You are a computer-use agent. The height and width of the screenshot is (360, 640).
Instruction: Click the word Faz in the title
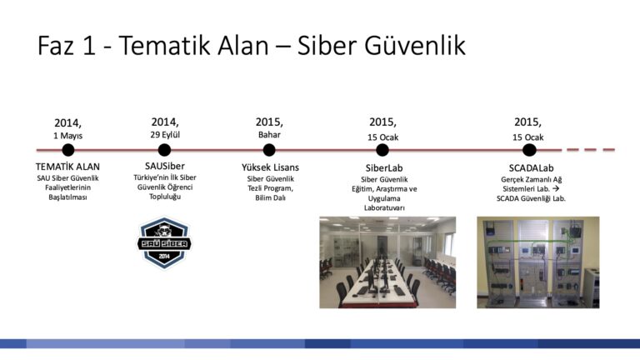tap(56, 45)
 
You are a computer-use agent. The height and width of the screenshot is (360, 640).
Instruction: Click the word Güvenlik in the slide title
tap(415, 45)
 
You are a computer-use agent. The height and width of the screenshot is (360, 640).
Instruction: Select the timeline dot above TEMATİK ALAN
tap(68, 150)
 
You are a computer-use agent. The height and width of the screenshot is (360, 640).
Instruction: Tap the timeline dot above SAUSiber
tap(164, 150)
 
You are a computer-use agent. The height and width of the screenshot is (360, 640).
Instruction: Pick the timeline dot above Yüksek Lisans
tap(269, 150)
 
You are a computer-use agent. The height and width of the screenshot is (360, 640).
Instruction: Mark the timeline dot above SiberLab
tap(382, 150)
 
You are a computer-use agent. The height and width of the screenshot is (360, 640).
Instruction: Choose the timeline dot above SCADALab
tap(529, 150)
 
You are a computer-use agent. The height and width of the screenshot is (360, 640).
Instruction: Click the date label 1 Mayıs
tap(67, 136)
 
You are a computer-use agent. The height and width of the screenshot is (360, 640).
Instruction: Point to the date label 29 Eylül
tap(165, 135)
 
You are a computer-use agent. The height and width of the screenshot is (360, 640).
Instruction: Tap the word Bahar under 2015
tap(269, 135)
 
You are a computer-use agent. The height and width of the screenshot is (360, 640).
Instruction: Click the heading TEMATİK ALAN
tap(67, 167)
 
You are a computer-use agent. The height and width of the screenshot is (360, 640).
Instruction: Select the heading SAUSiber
tap(165, 166)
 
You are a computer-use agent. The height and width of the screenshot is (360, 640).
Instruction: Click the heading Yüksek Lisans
tap(270, 167)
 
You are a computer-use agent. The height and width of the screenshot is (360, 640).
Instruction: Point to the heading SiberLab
tap(384, 168)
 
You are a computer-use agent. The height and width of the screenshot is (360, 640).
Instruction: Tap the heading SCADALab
tap(531, 168)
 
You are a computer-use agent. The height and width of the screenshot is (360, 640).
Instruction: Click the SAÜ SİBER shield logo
tap(164, 242)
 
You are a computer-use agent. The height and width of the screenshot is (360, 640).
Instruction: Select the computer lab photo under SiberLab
tap(387, 262)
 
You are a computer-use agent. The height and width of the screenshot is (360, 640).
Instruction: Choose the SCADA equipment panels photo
tap(538, 262)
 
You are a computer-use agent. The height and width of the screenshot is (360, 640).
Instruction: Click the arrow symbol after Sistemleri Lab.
tap(556, 188)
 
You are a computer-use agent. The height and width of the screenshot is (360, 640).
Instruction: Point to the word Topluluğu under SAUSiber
tap(165, 197)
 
